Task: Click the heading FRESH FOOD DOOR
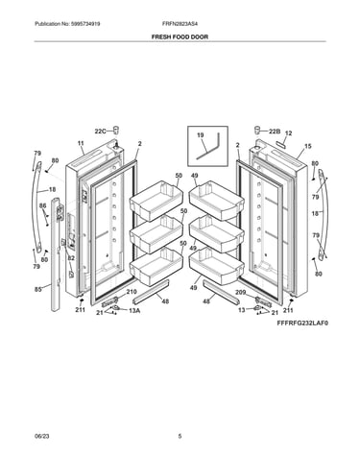pyautogui.click(x=180, y=36)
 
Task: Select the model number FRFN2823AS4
pyautogui.click(x=181, y=24)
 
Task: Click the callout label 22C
pyautogui.click(x=100, y=132)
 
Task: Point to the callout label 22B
pyautogui.click(x=275, y=132)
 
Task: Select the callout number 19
pyautogui.click(x=201, y=135)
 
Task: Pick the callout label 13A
pyautogui.click(x=134, y=310)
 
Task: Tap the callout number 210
pyautogui.click(x=132, y=292)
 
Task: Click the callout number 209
pyautogui.click(x=241, y=292)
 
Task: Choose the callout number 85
pyautogui.click(x=38, y=290)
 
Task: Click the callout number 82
pyautogui.click(x=71, y=258)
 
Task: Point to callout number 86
pyautogui.click(x=42, y=206)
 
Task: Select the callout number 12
pyautogui.click(x=288, y=133)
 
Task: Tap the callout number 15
pyautogui.click(x=307, y=146)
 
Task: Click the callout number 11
pyautogui.click(x=81, y=143)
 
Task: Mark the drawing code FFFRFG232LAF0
pyautogui.click(x=302, y=324)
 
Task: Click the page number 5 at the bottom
pyautogui.click(x=180, y=436)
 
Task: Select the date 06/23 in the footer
pyautogui.click(x=41, y=436)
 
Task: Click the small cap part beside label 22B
pyautogui.click(x=257, y=131)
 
